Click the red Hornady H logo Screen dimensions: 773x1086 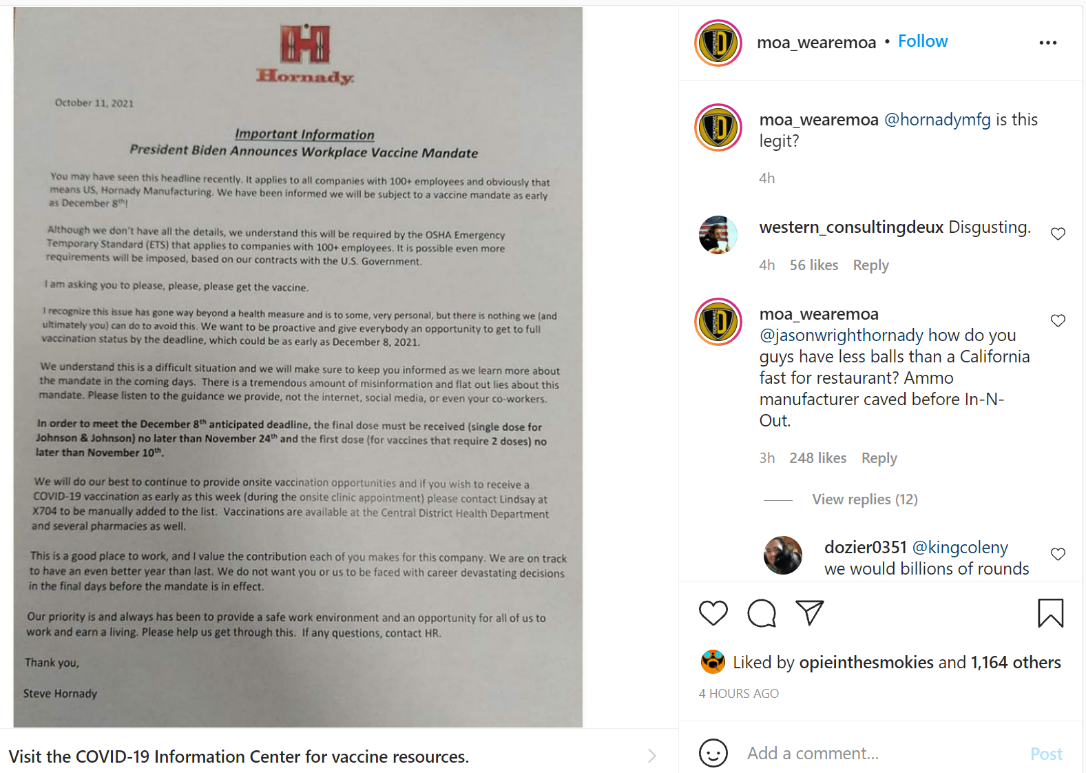click(x=305, y=44)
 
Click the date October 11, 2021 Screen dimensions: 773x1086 click(x=94, y=103)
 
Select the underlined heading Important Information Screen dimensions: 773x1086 click(x=304, y=134)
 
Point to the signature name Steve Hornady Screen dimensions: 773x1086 click(x=60, y=693)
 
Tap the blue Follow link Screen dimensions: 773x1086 click(x=923, y=41)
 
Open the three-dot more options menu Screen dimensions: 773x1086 click(x=1047, y=43)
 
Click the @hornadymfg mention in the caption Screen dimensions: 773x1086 click(x=937, y=120)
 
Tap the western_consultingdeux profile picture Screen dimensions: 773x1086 click(x=718, y=235)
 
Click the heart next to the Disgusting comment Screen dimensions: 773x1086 click(x=1058, y=234)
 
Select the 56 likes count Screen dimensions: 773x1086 click(x=813, y=265)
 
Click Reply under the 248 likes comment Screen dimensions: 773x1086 click(x=879, y=458)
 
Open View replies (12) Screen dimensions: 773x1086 click(x=864, y=499)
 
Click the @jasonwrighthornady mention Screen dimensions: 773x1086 click(x=841, y=336)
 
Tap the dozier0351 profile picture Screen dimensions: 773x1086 click(x=783, y=555)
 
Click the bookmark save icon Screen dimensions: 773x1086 click(x=1050, y=613)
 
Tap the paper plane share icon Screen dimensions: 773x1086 click(x=809, y=612)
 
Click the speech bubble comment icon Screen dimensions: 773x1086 click(x=762, y=613)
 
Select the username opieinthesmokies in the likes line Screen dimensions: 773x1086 click(x=866, y=663)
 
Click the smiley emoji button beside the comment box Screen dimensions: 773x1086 click(x=713, y=753)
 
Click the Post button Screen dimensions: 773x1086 click(x=1046, y=754)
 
